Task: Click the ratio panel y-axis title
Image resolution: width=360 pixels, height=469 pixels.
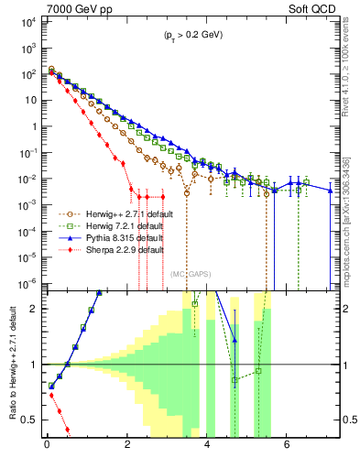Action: (11, 365)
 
